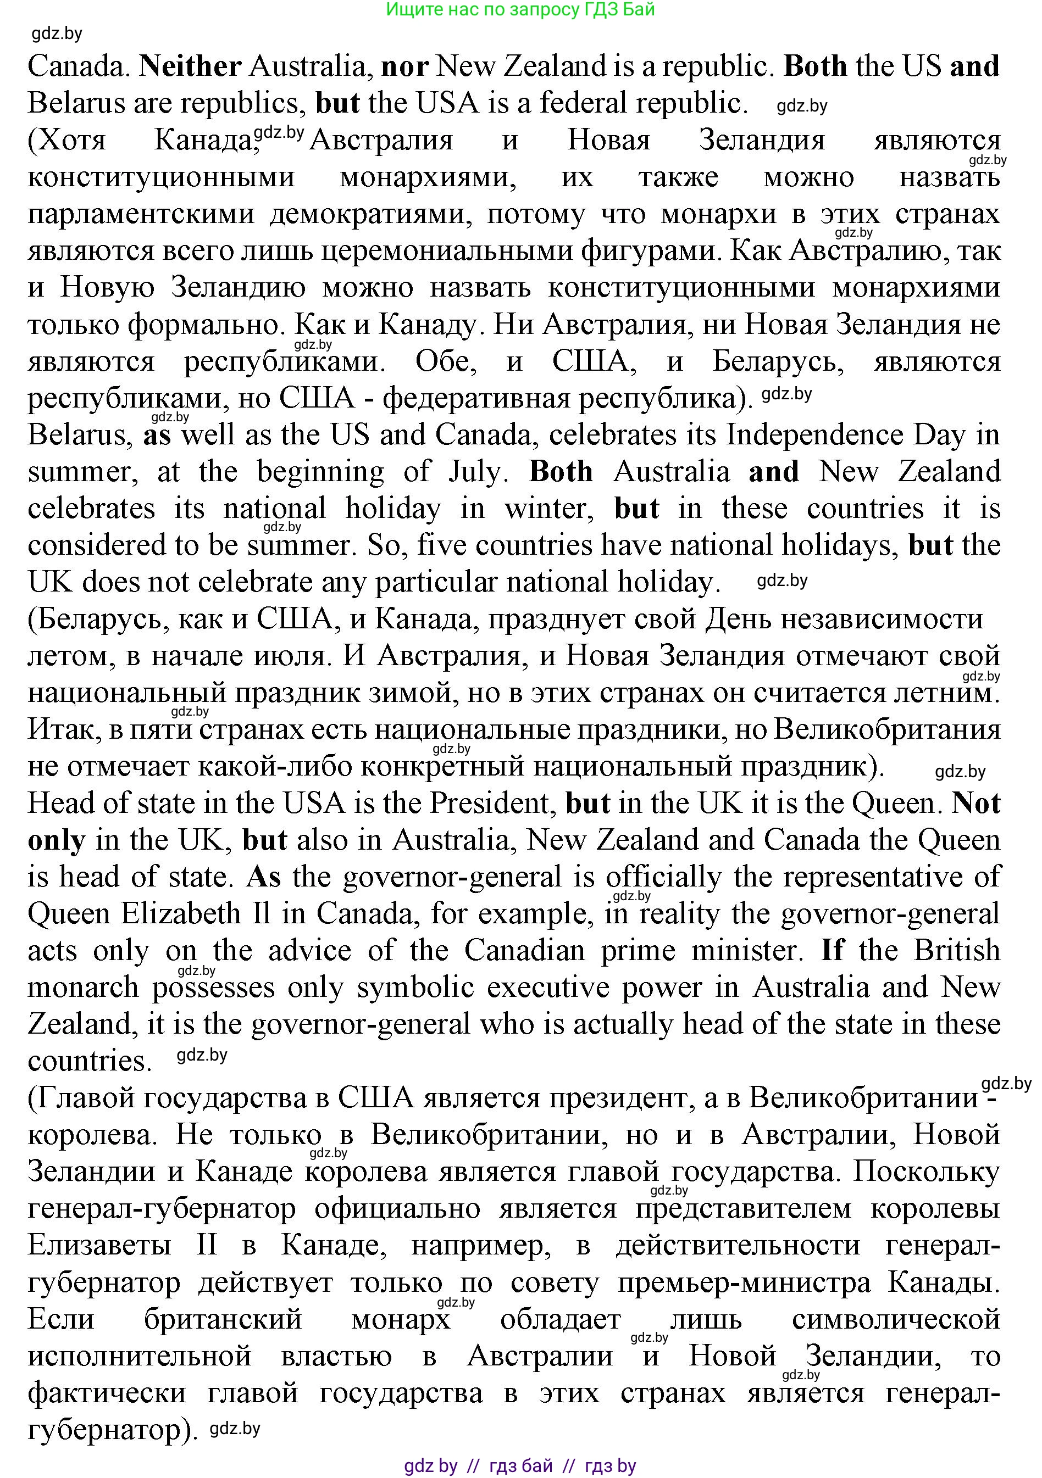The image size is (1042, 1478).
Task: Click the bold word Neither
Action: [190, 66]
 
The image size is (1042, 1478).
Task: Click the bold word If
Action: [833, 951]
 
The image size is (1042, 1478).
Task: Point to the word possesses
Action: [213, 988]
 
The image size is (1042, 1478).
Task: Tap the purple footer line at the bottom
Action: [520, 1466]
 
